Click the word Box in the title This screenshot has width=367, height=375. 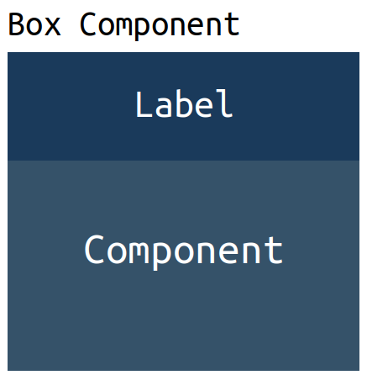click(34, 24)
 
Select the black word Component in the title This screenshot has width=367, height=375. click(160, 26)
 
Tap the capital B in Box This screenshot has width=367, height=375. click(15, 24)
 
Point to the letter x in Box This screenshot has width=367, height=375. click(53, 28)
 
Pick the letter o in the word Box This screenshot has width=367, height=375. click(34, 28)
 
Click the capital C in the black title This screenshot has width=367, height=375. click(88, 24)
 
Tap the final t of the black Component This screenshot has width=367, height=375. click(232, 25)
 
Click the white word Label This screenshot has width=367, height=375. click(184, 103)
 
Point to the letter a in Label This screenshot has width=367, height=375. click(164, 108)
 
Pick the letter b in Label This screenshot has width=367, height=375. click(183, 103)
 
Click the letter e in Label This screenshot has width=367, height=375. click(202, 108)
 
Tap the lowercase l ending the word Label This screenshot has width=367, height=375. click(224, 103)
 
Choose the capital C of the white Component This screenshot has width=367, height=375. click(94, 249)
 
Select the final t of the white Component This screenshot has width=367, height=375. click(273, 250)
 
